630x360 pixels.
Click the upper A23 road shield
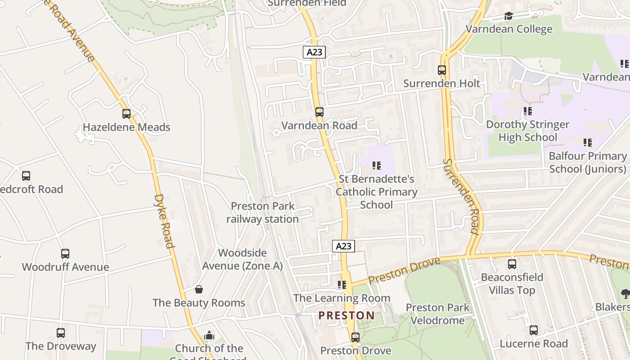pos(314,52)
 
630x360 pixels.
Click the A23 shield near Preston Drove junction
pos(343,246)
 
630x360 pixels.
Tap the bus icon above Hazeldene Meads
pos(126,114)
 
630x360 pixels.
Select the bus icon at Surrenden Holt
pos(442,70)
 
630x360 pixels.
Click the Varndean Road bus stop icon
pos(319,112)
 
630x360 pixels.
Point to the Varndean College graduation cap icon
pos(508,17)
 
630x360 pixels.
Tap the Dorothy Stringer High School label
pos(527,131)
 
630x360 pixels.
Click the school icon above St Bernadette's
pos(377,166)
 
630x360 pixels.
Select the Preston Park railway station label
pos(262,212)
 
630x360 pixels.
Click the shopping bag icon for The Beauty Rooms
pos(199,289)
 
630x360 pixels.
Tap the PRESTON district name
pos(346,315)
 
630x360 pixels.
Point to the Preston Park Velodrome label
pos(437,314)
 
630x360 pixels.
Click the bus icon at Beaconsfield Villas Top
pos(512,264)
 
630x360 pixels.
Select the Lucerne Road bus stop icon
pos(534,331)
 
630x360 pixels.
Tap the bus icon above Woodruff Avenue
pos(65,254)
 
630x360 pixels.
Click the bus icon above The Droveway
pos(61,333)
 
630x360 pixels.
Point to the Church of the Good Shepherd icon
pos(209,336)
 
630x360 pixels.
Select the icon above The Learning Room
pos(342,285)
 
